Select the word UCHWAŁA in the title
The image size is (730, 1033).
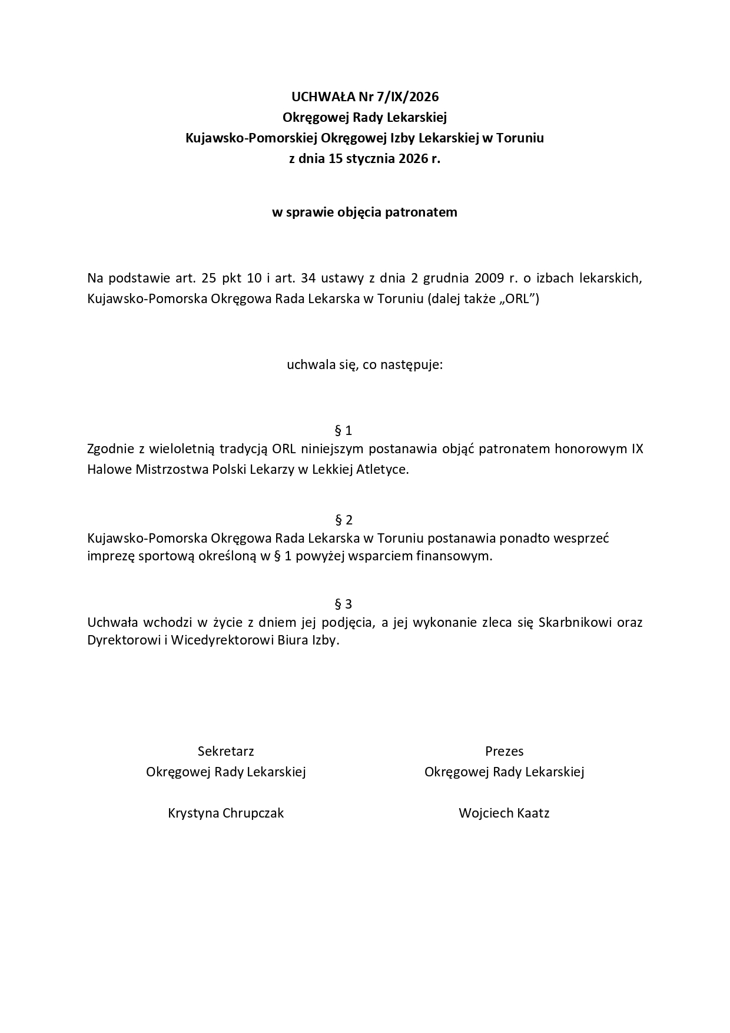click(x=318, y=97)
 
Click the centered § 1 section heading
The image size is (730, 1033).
click(x=343, y=430)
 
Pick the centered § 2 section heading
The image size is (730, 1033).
click(x=343, y=520)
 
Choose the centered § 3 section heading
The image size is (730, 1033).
click(x=343, y=604)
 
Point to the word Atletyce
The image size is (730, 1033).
click(x=382, y=470)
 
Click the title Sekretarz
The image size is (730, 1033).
click(x=226, y=751)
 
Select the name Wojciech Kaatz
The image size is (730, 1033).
click(x=504, y=813)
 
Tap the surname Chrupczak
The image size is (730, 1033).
click(x=253, y=813)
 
